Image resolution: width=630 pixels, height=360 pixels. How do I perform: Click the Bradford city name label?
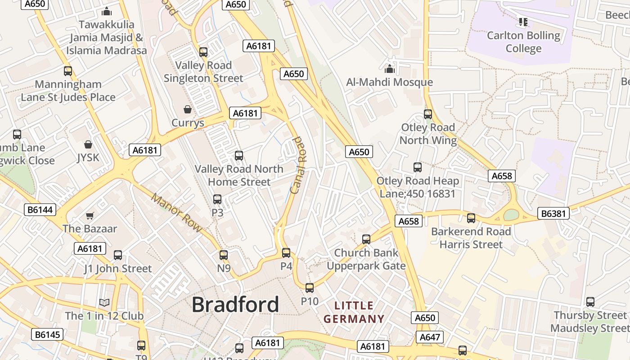click(x=235, y=305)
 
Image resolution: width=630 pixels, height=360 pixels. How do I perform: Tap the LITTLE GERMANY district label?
click(x=354, y=312)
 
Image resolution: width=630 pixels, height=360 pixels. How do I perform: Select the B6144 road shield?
click(x=40, y=210)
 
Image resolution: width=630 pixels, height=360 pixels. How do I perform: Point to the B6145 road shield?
click(x=47, y=334)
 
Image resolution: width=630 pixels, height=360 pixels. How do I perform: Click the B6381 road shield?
click(x=553, y=213)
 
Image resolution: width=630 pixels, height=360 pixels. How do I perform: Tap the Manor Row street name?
click(x=177, y=213)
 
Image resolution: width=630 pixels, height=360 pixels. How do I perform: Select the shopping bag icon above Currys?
click(x=188, y=109)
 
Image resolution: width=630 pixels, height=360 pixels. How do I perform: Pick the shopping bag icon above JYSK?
click(x=88, y=144)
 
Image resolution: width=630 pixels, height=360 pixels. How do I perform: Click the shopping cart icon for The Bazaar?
click(x=90, y=216)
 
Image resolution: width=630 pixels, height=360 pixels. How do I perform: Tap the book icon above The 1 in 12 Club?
click(x=104, y=302)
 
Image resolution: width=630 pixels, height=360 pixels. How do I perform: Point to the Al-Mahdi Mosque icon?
click(x=389, y=69)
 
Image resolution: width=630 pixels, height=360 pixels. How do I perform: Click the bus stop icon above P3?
click(x=217, y=199)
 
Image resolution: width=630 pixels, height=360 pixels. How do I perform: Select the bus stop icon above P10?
click(x=310, y=288)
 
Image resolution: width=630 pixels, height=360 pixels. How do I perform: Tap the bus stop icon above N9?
click(x=224, y=255)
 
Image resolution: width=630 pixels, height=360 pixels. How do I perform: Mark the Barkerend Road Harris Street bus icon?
click(x=471, y=218)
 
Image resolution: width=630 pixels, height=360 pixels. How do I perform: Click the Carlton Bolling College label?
click(x=523, y=42)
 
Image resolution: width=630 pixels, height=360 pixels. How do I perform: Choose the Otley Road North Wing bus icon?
click(x=428, y=114)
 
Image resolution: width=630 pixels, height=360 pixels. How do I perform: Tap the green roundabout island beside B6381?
click(x=511, y=215)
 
